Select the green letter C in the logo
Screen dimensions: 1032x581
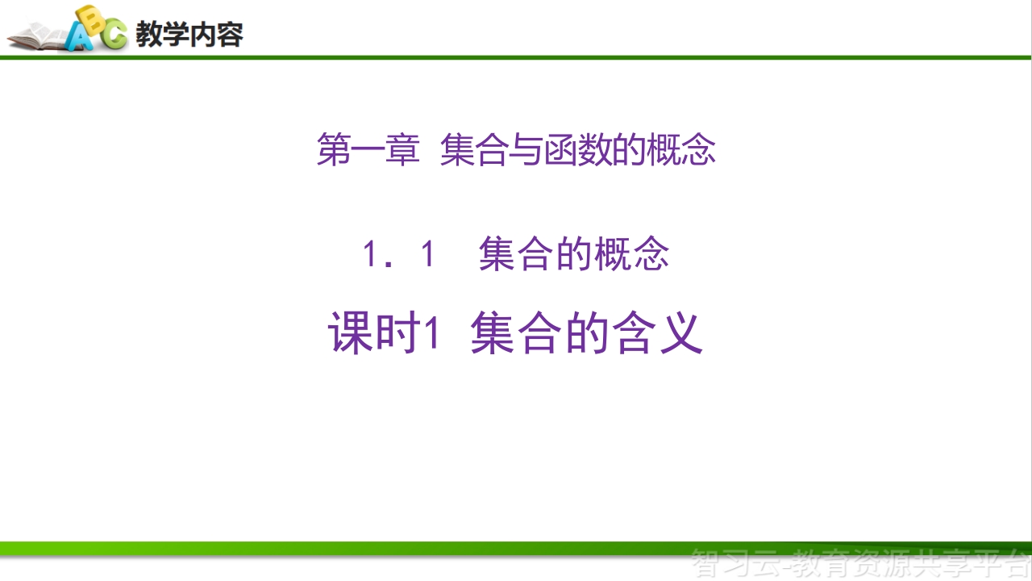[114, 34]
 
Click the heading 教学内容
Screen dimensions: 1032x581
[189, 34]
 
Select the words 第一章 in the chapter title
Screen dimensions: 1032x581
[368, 149]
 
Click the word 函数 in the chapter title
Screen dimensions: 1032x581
[578, 149]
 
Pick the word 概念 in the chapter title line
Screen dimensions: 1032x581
[681, 149]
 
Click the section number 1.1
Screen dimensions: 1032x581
[398, 254]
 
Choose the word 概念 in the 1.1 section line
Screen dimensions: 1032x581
[631, 253]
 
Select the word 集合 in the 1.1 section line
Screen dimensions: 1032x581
[515, 253]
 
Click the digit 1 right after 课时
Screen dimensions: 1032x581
[431, 332]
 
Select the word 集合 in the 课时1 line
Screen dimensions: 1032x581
[516, 332]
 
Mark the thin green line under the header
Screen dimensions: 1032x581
[516, 57]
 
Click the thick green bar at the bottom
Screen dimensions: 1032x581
[516, 548]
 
